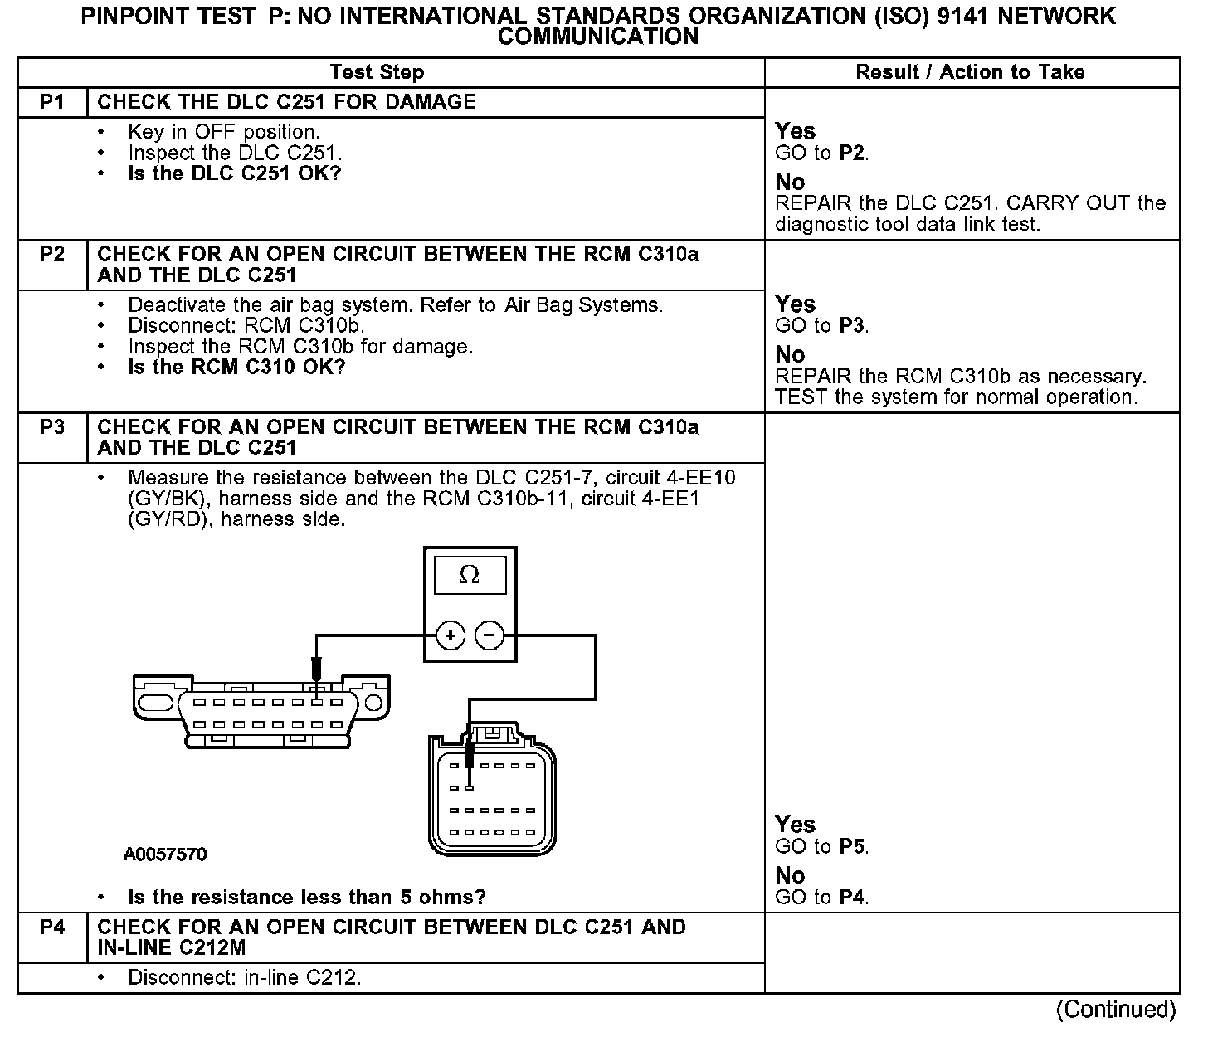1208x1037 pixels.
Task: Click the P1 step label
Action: click(x=52, y=102)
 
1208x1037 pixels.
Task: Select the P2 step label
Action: click(x=52, y=254)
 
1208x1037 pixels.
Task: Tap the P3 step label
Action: click(x=52, y=427)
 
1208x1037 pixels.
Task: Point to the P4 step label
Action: click(x=52, y=927)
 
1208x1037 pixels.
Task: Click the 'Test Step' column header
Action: click(x=377, y=72)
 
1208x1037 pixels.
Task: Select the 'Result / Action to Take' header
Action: click(x=970, y=72)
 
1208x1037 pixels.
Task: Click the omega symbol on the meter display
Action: click(x=470, y=575)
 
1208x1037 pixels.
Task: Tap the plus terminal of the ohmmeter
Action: click(x=451, y=636)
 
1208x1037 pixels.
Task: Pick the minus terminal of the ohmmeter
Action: click(x=490, y=636)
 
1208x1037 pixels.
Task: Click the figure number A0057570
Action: click(x=165, y=854)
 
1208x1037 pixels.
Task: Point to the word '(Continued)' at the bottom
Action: click(x=1116, y=1010)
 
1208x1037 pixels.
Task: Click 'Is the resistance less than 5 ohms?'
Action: click(x=307, y=897)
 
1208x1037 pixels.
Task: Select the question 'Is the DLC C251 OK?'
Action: click(x=235, y=173)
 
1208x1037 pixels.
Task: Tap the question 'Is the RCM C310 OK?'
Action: click(x=236, y=367)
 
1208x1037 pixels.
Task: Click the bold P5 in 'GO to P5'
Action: click(x=853, y=846)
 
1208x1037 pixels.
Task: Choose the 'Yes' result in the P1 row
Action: click(x=795, y=131)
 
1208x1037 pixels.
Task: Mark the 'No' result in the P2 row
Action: click(x=790, y=354)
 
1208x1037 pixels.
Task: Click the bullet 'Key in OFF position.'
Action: click(x=223, y=132)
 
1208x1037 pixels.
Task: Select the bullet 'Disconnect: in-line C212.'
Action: click(x=245, y=977)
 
